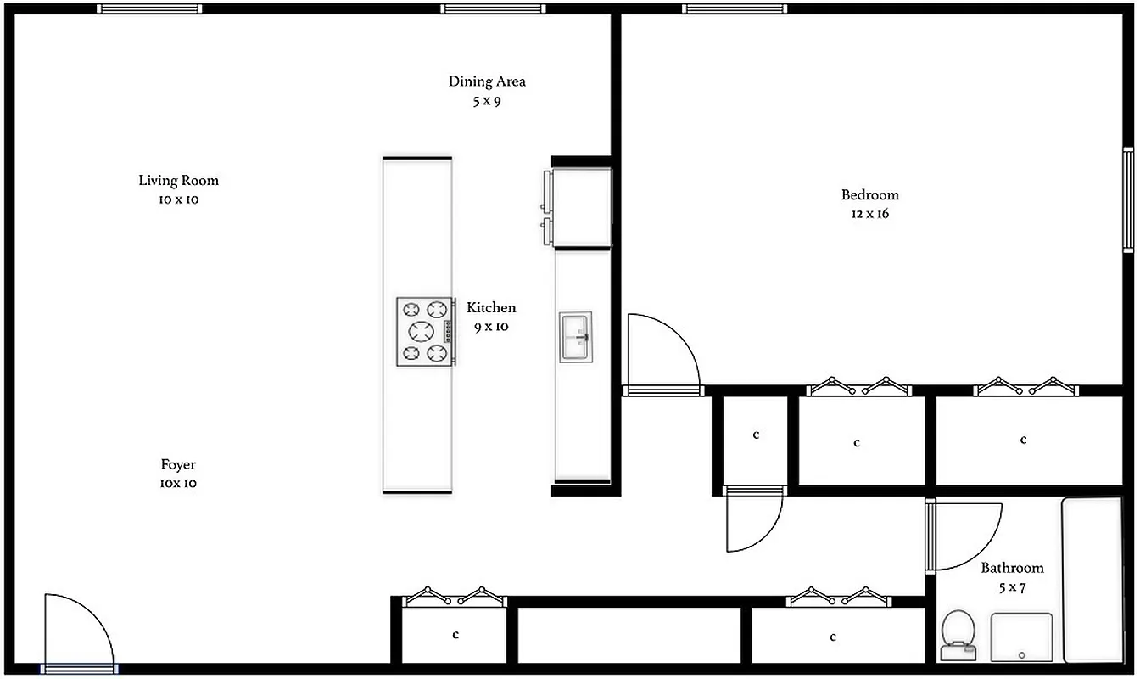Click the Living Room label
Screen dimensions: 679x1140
pyautogui.click(x=178, y=180)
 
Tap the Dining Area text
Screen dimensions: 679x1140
pyautogui.click(x=487, y=81)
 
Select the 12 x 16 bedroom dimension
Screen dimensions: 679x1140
pyautogui.click(x=869, y=214)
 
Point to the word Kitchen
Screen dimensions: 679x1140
pyautogui.click(x=491, y=307)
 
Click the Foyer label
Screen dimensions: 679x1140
pyautogui.click(x=178, y=464)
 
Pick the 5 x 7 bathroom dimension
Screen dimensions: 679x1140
pyautogui.click(x=1012, y=587)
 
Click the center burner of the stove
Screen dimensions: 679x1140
pyautogui.click(x=422, y=331)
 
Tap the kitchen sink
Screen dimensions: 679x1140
pyautogui.click(x=576, y=337)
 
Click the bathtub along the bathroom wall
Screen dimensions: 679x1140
pyautogui.click(x=1092, y=579)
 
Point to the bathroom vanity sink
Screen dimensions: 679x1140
pyautogui.click(x=1022, y=637)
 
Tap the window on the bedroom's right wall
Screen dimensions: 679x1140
pyautogui.click(x=1128, y=200)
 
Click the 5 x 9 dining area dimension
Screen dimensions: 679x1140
pyautogui.click(x=487, y=101)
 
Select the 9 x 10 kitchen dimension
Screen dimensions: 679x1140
pyautogui.click(x=491, y=327)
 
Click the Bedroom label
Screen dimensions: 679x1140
pyautogui.click(x=869, y=194)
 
